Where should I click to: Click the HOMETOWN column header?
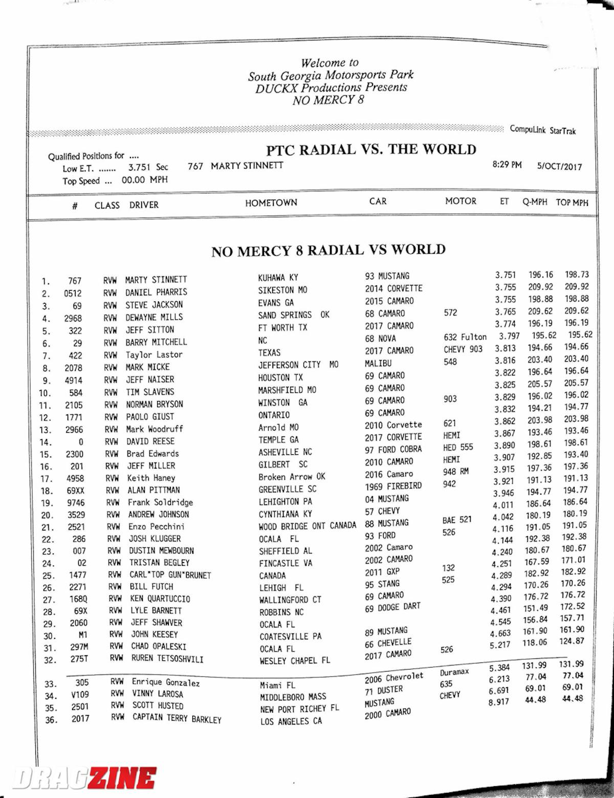[271, 203]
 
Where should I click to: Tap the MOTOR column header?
[461, 201]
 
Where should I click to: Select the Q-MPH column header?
[535, 202]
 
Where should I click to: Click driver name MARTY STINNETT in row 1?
[156, 280]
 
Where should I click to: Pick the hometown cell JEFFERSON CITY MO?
[298, 365]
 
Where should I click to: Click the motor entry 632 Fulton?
[465, 337]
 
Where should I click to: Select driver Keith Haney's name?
[151, 478]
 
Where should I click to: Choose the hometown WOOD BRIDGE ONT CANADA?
[308, 526]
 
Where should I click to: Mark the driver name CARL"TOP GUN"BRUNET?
[170, 575]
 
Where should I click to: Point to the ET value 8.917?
[499, 702]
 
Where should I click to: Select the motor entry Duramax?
[454, 672]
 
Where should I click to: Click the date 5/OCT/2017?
[559, 166]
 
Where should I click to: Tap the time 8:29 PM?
[507, 165]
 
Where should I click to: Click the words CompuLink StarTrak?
[542, 130]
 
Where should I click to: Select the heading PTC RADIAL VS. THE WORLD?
[371, 150]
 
